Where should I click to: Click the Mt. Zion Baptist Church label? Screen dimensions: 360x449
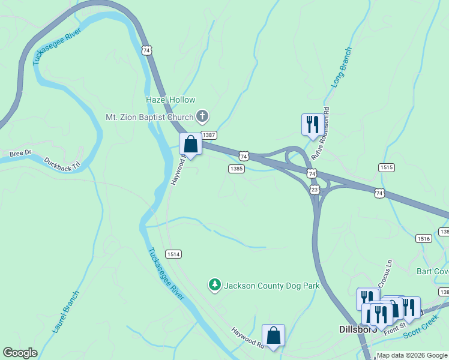tap(149, 117)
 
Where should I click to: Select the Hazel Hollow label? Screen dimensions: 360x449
tap(170, 100)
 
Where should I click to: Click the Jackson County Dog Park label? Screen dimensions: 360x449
tap(271, 286)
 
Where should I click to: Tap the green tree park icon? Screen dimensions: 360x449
tap(215, 285)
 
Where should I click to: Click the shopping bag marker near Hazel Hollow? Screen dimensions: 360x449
tap(190, 145)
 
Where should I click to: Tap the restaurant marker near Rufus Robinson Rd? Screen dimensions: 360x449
tap(311, 125)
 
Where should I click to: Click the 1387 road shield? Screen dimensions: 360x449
tap(208, 136)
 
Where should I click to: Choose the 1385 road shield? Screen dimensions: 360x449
tap(236, 169)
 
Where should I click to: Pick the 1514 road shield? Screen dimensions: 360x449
tap(173, 254)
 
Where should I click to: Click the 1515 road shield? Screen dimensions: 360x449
tap(387, 167)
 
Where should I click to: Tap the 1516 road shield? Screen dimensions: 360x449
tap(424, 238)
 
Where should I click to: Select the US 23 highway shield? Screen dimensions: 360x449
tap(315, 190)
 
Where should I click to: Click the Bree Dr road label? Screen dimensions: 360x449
tap(20, 154)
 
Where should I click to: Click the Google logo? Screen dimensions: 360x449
tap(20, 353)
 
